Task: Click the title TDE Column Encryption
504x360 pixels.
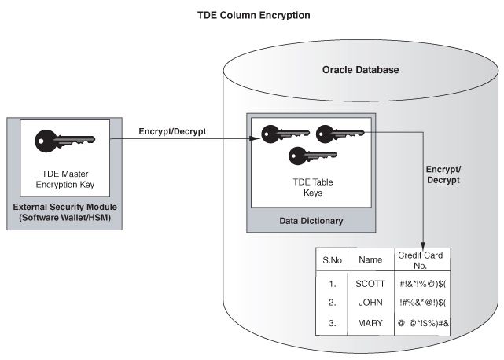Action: coord(251,15)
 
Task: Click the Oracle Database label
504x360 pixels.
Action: coord(361,70)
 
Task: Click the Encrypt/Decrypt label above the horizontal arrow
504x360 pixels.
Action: coord(171,131)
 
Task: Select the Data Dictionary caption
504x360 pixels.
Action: coord(311,221)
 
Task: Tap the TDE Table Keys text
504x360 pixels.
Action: coord(312,186)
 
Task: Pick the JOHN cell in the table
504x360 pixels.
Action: coord(370,303)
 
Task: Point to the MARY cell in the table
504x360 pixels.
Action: coord(370,322)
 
